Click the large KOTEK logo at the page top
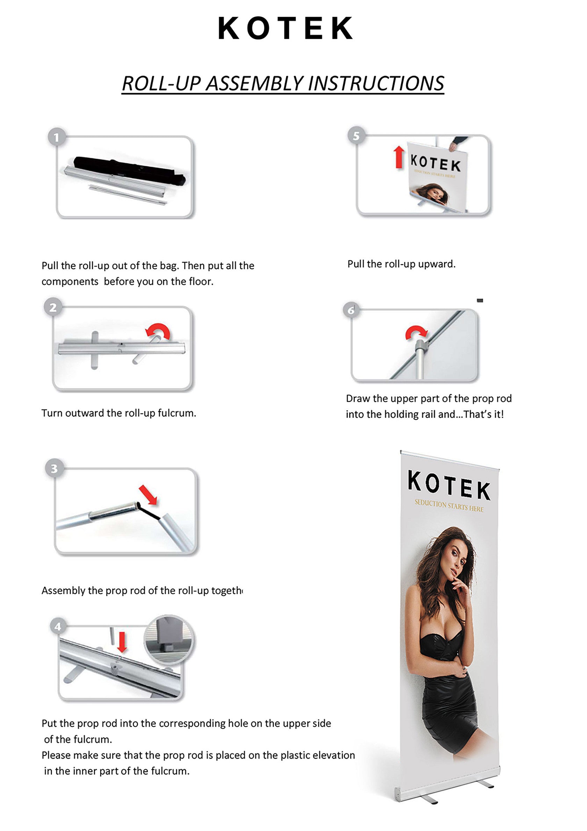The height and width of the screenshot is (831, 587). pos(285,28)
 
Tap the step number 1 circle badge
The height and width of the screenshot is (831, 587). pos(57,137)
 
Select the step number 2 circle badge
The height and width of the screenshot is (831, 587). pos(53,307)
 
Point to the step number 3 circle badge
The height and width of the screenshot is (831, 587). pos(54,469)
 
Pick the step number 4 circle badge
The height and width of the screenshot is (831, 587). pos(58,626)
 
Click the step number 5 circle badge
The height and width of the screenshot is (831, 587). pos(356,136)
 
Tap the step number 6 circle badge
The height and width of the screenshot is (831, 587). pos(351,310)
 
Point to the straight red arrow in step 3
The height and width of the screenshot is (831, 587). pos(148,495)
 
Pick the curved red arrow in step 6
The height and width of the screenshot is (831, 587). pos(416,332)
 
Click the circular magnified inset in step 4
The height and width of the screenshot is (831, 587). pos(169,640)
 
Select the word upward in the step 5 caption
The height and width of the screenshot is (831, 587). pos(436,264)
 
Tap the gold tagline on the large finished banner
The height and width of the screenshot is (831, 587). pos(449,506)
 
